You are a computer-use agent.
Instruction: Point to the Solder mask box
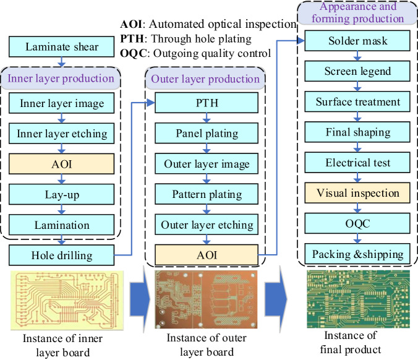(x=358, y=41)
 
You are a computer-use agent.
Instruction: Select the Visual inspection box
(x=358, y=193)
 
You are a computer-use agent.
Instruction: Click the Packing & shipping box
(x=358, y=254)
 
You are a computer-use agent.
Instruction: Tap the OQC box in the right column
(x=358, y=223)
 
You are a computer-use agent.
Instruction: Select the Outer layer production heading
(x=205, y=79)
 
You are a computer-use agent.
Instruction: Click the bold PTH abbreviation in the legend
(x=132, y=38)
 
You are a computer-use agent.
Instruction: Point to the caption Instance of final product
(x=358, y=343)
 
